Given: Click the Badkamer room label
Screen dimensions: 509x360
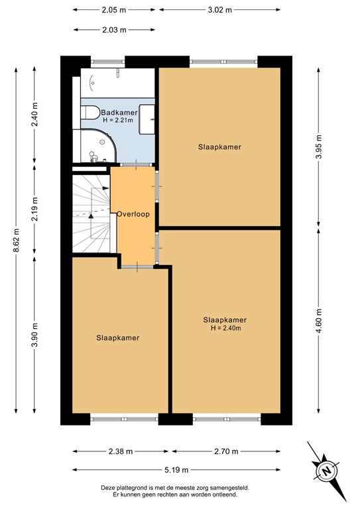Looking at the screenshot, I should click(x=119, y=113).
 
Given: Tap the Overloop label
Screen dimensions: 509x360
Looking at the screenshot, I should click(x=133, y=214).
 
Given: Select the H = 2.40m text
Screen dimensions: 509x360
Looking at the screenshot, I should click(x=225, y=328).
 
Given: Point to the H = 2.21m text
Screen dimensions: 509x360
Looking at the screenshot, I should click(x=118, y=121).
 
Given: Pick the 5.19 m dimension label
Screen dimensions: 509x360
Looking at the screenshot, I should click(x=180, y=470).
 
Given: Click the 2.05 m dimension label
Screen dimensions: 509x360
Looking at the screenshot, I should click(x=114, y=10).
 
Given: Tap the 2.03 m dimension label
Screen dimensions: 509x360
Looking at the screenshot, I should click(x=114, y=29).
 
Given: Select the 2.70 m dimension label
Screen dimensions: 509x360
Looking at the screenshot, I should click(x=225, y=451).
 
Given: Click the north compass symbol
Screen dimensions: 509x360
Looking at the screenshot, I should click(x=326, y=470).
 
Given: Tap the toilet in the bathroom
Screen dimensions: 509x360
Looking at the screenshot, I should click(x=90, y=111).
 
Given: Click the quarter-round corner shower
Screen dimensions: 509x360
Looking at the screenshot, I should click(x=100, y=145).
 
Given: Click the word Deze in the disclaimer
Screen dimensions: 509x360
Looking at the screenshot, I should click(x=109, y=487).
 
